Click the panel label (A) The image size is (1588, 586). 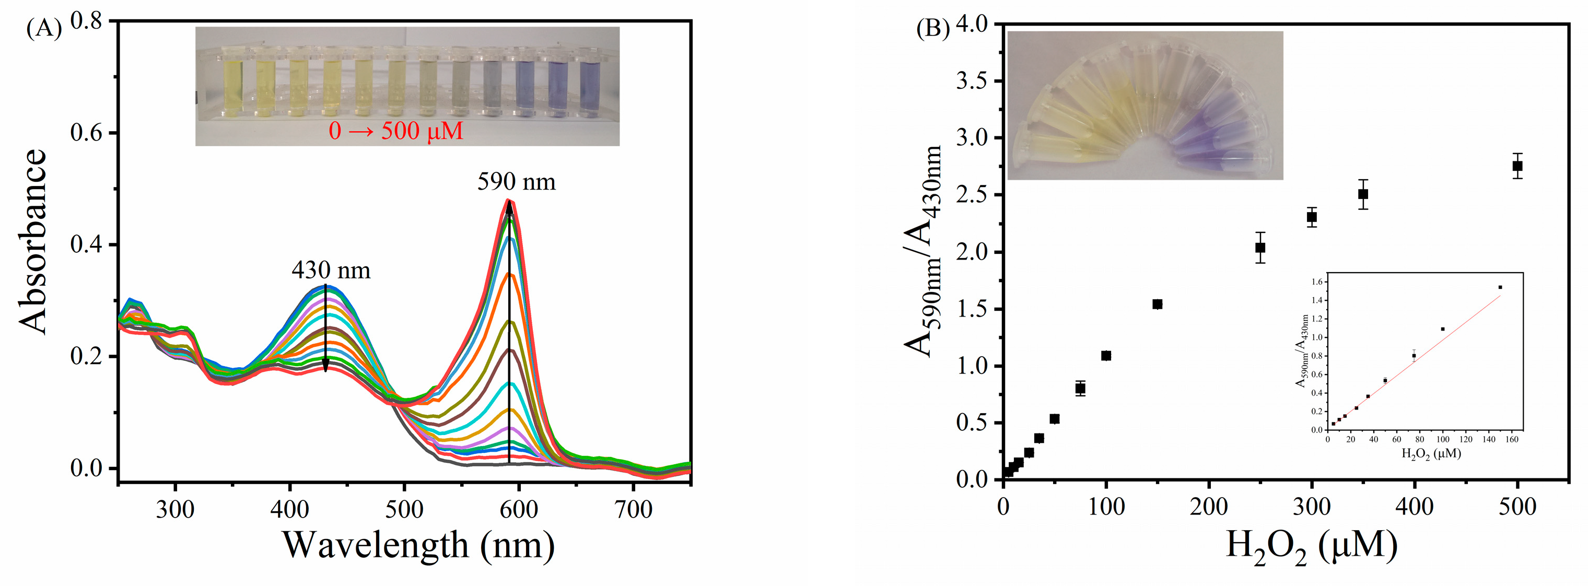pyautogui.click(x=44, y=29)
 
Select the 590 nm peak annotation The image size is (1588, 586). pyautogui.click(x=516, y=182)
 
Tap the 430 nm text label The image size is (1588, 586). pyautogui.click(x=331, y=271)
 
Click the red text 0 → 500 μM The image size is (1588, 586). pyautogui.click(x=396, y=131)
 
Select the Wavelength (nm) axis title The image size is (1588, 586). pyautogui.click(x=418, y=545)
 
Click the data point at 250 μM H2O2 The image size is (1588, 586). pyautogui.click(x=1260, y=248)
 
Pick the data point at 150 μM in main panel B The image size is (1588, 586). pyautogui.click(x=1157, y=304)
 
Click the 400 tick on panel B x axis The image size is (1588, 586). pyautogui.click(x=1414, y=507)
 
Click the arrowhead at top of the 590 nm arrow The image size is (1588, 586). pyautogui.click(x=509, y=208)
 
